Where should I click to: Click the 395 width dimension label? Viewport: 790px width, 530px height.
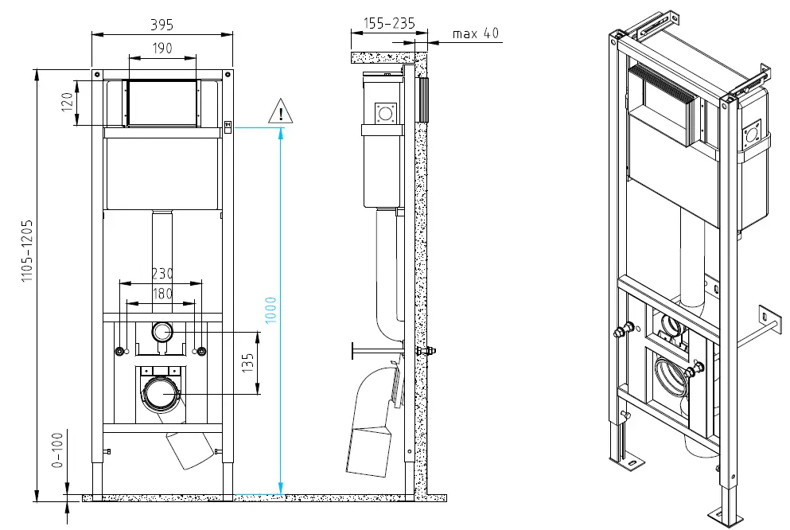pyautogui.click(x=162, y=25)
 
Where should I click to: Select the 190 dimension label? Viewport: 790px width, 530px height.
pyautogui.click(x=162, y=49)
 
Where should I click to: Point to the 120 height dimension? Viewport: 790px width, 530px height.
pyautogui.click(x=68, y=103)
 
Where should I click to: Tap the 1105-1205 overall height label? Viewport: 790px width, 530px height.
pyautogui.click(x=26, y=252)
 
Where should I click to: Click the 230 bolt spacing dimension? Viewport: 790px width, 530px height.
pyautogui.click(x=162, y=272)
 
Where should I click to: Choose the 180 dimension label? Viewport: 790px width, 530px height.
pyautogui.click(x=162, y=293)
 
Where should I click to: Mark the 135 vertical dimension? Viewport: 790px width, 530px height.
pyautogui.click(x=247, y=362)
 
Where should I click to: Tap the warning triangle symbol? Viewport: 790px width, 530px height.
pyautogui.click(x=280, y=111)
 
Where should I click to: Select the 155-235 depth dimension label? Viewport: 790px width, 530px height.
pyautogui.click(x=388, y=25)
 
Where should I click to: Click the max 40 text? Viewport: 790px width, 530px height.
pyautogui.click(x=476, y=33)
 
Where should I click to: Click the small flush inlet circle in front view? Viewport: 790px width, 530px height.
pyautogui.click(x=162, y=331)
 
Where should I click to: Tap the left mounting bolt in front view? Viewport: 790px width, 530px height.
pyautogui.click(x=120, y=351)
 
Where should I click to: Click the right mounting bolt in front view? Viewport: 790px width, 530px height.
pyautogui.click(x=201, y=351)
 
